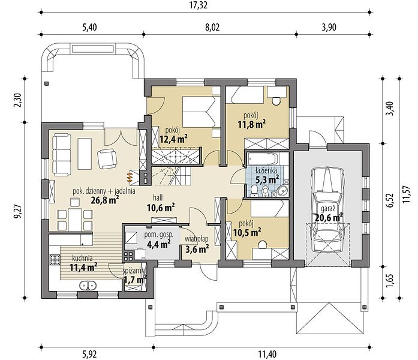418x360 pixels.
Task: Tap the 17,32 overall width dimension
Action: pos(199,5)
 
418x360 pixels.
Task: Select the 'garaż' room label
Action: pos(328,209)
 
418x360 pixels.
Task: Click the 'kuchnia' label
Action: pos(82,258)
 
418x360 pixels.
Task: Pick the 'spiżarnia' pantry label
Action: pos(134,271)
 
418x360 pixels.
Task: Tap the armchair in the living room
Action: pos(107,158)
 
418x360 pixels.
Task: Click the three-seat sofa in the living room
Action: pos(62,155)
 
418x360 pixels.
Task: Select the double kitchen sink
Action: pos(88,286)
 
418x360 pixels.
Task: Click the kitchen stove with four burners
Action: pos(55,259)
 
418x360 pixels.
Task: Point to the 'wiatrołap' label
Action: pos(197,239)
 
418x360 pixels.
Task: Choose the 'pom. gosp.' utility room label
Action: pos(158,235)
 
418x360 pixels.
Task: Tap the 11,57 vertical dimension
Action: pos(406,194)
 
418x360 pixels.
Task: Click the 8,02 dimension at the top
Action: pos(212,27)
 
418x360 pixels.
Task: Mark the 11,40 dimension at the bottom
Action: pos(267,355)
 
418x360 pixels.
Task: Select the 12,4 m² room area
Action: pos(173,139)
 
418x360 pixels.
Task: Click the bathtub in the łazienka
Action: pos(262,159)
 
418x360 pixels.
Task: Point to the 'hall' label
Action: pos(158,197)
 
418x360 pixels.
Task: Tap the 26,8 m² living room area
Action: pos(105,200)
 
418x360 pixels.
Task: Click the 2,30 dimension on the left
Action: pos(18,101)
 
